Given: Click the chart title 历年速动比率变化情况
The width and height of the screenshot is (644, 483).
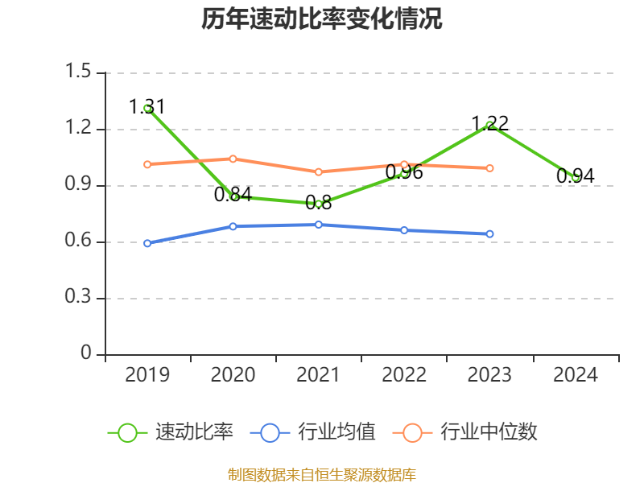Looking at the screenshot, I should pyautogui.click(x=322, y=19).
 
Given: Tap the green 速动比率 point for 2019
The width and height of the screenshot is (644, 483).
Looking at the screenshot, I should pyautogui.click(x=147, y=108).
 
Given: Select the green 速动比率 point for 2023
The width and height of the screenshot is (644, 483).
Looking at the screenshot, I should pyautogui.click(x=489, y=125).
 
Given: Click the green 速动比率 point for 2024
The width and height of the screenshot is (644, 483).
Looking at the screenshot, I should pyautogui.click(x=575, y=177).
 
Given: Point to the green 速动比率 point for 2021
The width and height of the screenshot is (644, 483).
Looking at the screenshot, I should pyautogui.click(x=319, y=204).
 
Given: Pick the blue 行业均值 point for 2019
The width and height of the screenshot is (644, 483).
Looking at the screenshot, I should pyautogui.click(x=147, y=243).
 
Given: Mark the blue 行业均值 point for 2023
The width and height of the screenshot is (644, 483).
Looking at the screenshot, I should pyautogui.click(x=489, y=234).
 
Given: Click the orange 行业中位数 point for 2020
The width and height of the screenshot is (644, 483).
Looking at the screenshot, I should pyautogui.click(x=233, y=159).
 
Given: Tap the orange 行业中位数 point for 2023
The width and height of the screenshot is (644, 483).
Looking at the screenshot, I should pyautogui.click(x=489, y=168).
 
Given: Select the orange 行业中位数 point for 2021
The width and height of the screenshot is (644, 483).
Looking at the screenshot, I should pyautogui.click(x=319, y=171).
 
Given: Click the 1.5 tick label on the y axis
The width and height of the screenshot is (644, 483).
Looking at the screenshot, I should pyautogui.click(x=80, y=72).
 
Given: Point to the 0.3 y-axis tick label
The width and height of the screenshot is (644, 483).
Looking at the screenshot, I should pyautogui.click(x=80, y=299).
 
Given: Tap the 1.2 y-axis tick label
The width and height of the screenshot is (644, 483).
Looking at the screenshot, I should pyautogui.click(x=80, y=129).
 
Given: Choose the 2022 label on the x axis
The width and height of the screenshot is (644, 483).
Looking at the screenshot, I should pyautogui.click(x=404, y=375).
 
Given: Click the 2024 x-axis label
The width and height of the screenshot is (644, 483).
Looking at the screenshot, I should pyautogui.click(x=575, y=375).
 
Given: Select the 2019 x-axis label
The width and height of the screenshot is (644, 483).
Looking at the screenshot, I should pyautogui.click(x=147, y=375).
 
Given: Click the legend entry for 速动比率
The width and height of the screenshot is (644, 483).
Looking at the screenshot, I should pyautogui.click(x=171, y=432).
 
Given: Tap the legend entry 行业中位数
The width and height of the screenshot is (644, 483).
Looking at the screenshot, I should pyautogui.click(x=465, y=432).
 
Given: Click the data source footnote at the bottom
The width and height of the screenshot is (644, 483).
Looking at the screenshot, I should pyautogui.click(x=322, y=475).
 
